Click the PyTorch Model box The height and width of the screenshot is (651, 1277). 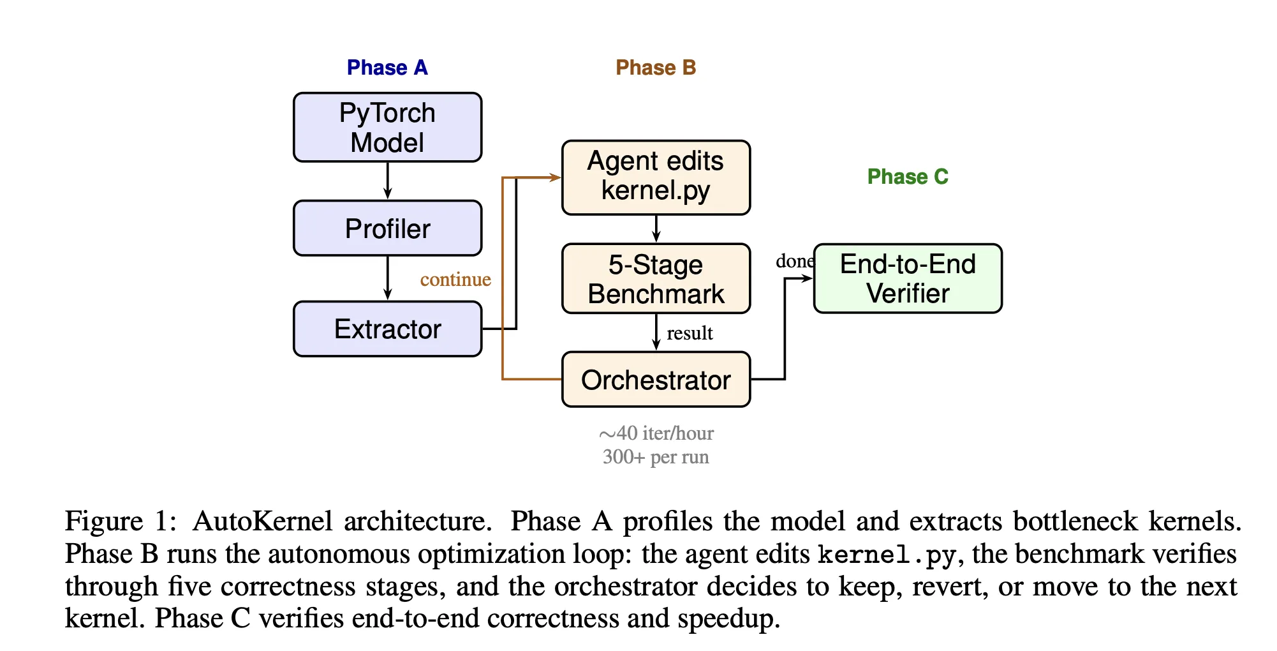pyautogui.click(x=387, y=127)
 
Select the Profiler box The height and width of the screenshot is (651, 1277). pyautogui.click(x=387, y=228)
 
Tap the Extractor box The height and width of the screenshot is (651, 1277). pyautogui.click(x=387, y=329)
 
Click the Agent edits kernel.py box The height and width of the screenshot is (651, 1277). pyautogui.click(x=656, y=177)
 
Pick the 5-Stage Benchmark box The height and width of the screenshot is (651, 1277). pyautogui.click(x=656, y=278)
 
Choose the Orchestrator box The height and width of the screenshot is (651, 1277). pyautogui.click(x=656, y=380)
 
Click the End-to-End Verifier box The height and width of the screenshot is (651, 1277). pyautogui.click(x=907, y=278)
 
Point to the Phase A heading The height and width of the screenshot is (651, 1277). pyautogui.click(x=387, y=68)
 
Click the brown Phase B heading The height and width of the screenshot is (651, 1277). pyautogui.click(x=656, y=68)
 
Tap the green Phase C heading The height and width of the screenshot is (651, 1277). pyautogui.click(x=907, y=177)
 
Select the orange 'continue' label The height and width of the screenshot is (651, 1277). pyautogui.click(x=455, y=280)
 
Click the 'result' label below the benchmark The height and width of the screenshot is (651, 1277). pyautogui.click(x=690, y=333)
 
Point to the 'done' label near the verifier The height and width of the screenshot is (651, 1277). pyautogui.click(x=794, y=261)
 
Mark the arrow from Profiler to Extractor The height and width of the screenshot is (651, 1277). pyautogui.click(x=387, y=278)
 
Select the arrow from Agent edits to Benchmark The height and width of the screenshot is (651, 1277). pyautogui.click(x=656, y=228)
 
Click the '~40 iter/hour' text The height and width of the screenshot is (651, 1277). pyautogui.click(x=656, y=433)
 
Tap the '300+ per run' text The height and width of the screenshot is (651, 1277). pyautogui.click(x=656, y=457)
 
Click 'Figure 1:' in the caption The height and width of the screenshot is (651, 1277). pyautogui.click(x=121, y=521)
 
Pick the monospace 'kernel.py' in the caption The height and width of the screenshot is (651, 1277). pyautogui.click(x=887, y=554)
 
